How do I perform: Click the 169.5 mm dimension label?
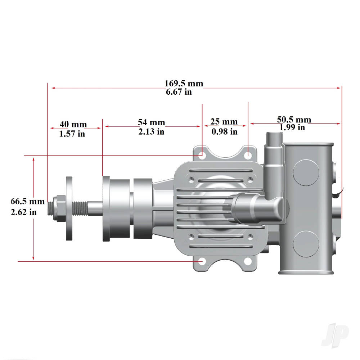pos(184,84)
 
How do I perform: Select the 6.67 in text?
pos(179,92)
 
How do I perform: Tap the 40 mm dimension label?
pos(73,125)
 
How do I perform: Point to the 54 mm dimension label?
pos(151,123)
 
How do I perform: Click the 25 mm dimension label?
pos(224,123)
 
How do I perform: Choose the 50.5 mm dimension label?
pos(294,120)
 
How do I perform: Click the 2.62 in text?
pos(24,212)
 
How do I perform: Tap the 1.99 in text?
pos(292,127)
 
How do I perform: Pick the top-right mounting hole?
pos(248,156)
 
